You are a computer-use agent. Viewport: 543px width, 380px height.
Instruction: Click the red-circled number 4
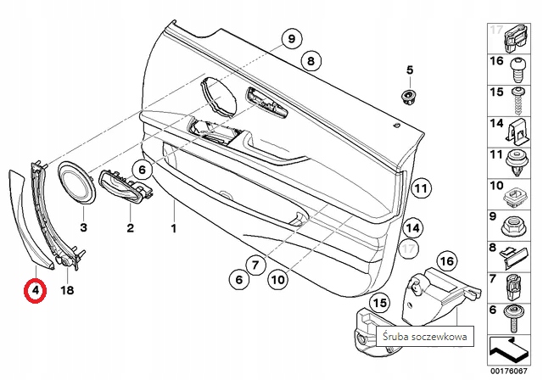[34, 293]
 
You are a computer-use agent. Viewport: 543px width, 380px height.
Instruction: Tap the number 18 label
[69, 290]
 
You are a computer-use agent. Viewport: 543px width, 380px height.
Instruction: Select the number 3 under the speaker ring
[84, 227]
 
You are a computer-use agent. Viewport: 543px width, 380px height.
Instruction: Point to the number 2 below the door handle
[131, 227]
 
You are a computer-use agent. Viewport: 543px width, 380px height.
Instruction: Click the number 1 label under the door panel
[173, 229]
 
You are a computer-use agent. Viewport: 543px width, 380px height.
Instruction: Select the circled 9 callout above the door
[290, 39]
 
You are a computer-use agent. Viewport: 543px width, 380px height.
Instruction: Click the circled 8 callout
[311, 60]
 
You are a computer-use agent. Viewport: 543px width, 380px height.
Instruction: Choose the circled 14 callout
[412, 227]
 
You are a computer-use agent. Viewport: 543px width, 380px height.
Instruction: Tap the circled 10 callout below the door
[278, 278]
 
